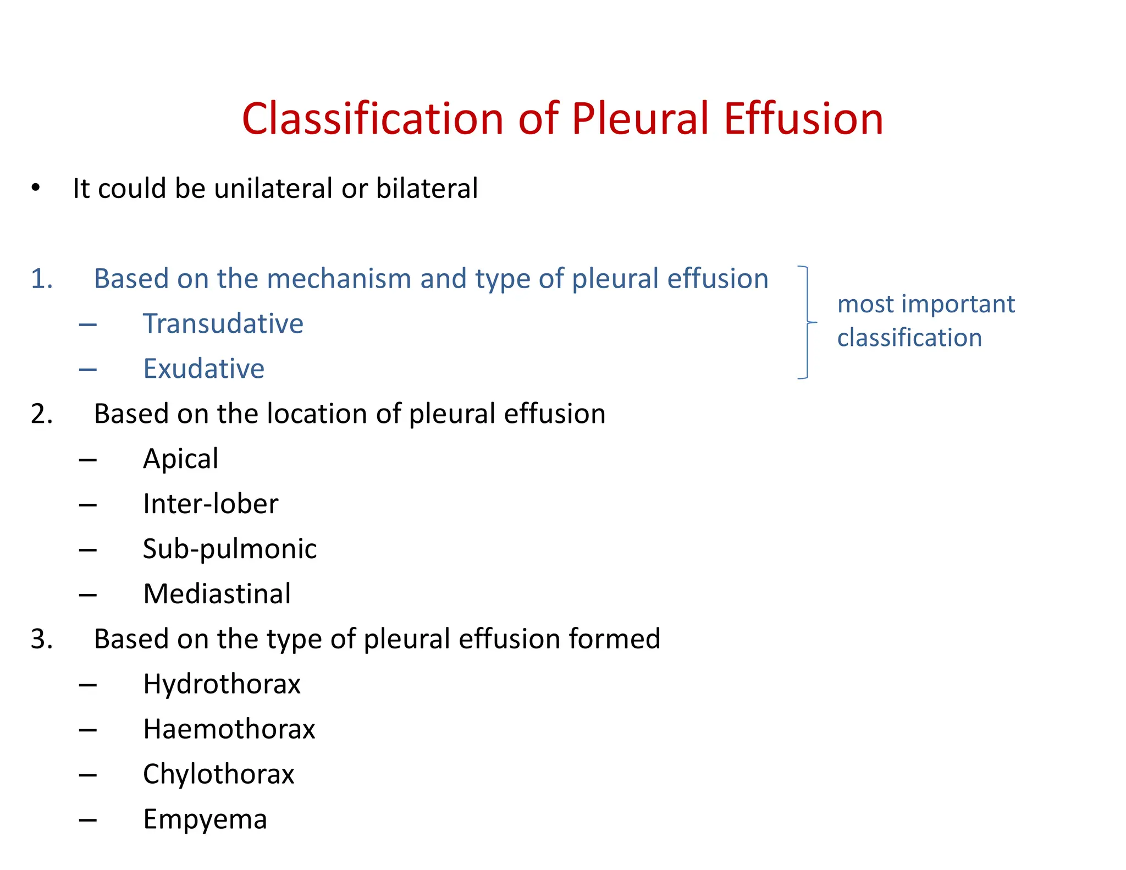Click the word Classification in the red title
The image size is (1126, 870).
pos(372,119)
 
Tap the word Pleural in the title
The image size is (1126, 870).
pos(640,119)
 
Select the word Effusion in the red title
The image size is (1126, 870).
pos(803,119)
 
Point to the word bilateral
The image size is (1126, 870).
pos(427,189)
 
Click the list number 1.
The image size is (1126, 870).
pos(42,279)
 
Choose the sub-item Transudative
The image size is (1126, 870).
pos(223,324)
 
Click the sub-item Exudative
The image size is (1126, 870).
pos(203,369)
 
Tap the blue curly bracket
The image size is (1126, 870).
pos(807,323)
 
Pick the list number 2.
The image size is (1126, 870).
pos(42,414)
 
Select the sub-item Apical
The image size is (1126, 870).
pos(180,459)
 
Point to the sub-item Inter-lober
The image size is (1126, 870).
pos(211,504)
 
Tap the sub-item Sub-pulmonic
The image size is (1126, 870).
pos(230,549)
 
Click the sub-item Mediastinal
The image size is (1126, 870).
pos(217,594)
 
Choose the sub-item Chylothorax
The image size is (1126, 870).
pos(219,775)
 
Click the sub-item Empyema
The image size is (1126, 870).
pos(205,820)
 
